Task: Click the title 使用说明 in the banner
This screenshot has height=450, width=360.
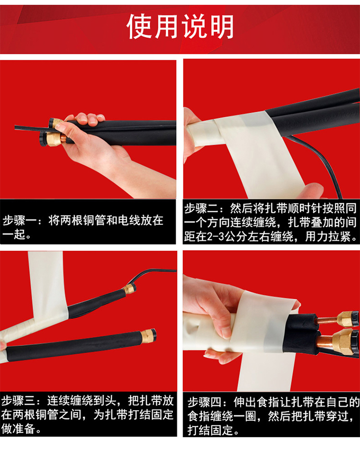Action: tap(180, 26)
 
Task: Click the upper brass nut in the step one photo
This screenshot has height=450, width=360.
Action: tap(56, 123)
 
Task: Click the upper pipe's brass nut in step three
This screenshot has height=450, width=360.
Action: tap(130, 289)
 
